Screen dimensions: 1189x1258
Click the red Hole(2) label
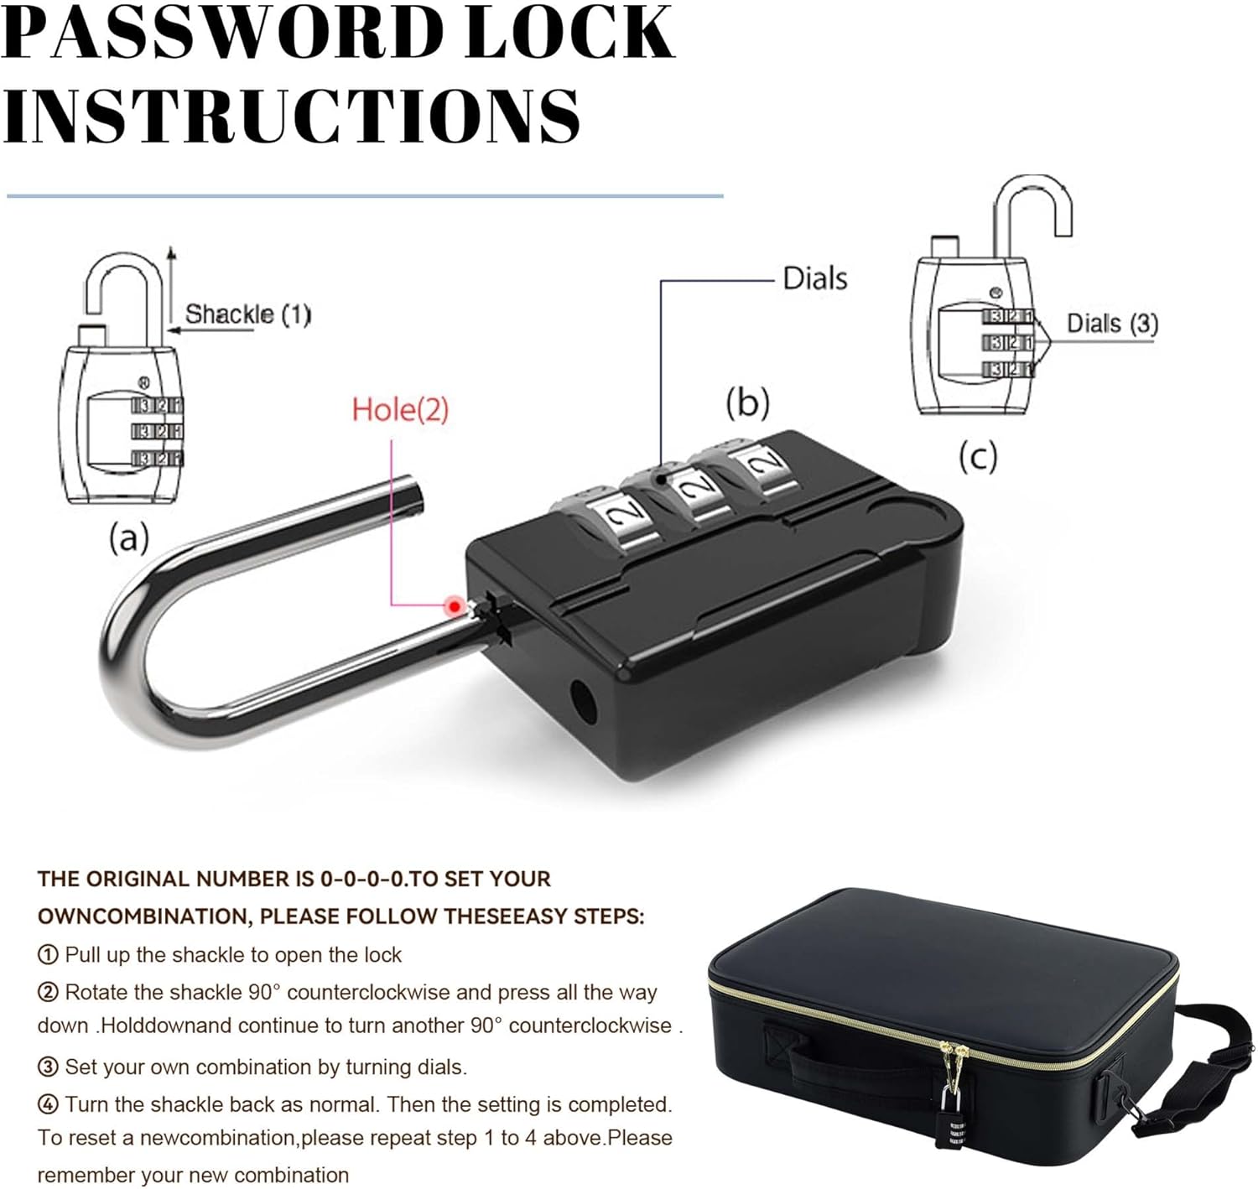[x=400, y=409]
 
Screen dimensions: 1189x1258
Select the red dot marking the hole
[x=455, y=605]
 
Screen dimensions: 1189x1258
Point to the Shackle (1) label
[x=247, y=314]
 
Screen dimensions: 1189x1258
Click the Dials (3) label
[x=1112, y=324]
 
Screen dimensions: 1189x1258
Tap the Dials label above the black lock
[x=814, y=278]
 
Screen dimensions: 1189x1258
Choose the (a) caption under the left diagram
[x=128, y=537]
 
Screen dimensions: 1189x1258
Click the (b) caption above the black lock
[x=747, y=402]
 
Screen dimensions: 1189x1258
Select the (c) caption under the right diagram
[x=978, y=458]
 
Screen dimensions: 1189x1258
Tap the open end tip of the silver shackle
[x=411, y=496]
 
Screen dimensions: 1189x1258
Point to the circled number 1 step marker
[x=49, y=955]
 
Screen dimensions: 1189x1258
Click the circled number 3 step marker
[x=49, y=1067]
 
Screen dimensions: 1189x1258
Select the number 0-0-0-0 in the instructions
[x=364, y=879]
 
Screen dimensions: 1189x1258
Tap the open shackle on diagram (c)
[x=1033, y=210]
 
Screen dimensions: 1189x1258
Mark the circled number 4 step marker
[x=49, y=1105]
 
